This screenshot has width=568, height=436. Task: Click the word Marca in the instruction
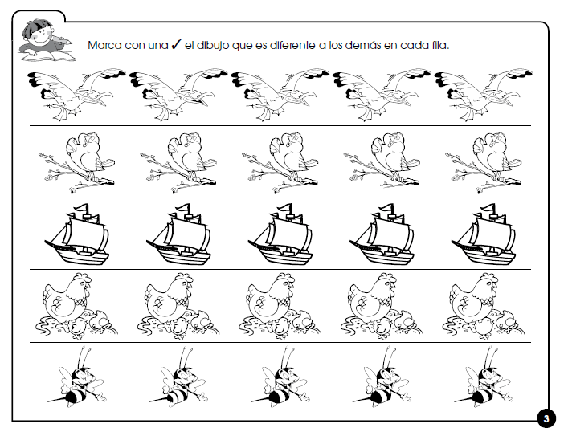click(106, 46)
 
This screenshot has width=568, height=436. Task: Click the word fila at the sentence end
click(435, 46)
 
